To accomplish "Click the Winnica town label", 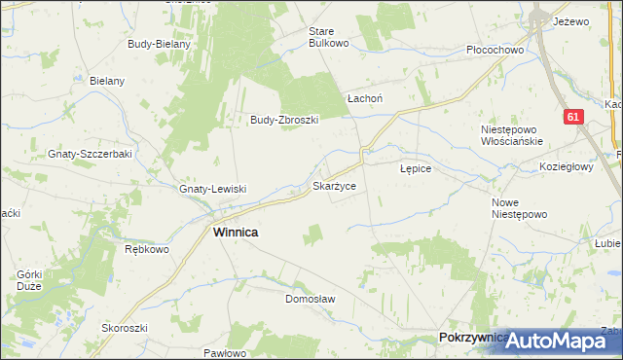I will (236, 234).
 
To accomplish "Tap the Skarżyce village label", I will (340, 184).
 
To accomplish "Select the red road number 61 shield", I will (573, 117).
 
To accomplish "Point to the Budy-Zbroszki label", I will (285, 120).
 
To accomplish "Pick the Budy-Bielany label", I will (160, 44).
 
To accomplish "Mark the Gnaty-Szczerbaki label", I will (90, 154).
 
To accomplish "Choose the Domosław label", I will (310, 299).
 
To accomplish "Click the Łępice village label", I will (422, 168).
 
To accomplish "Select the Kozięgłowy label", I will (567, 166).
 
